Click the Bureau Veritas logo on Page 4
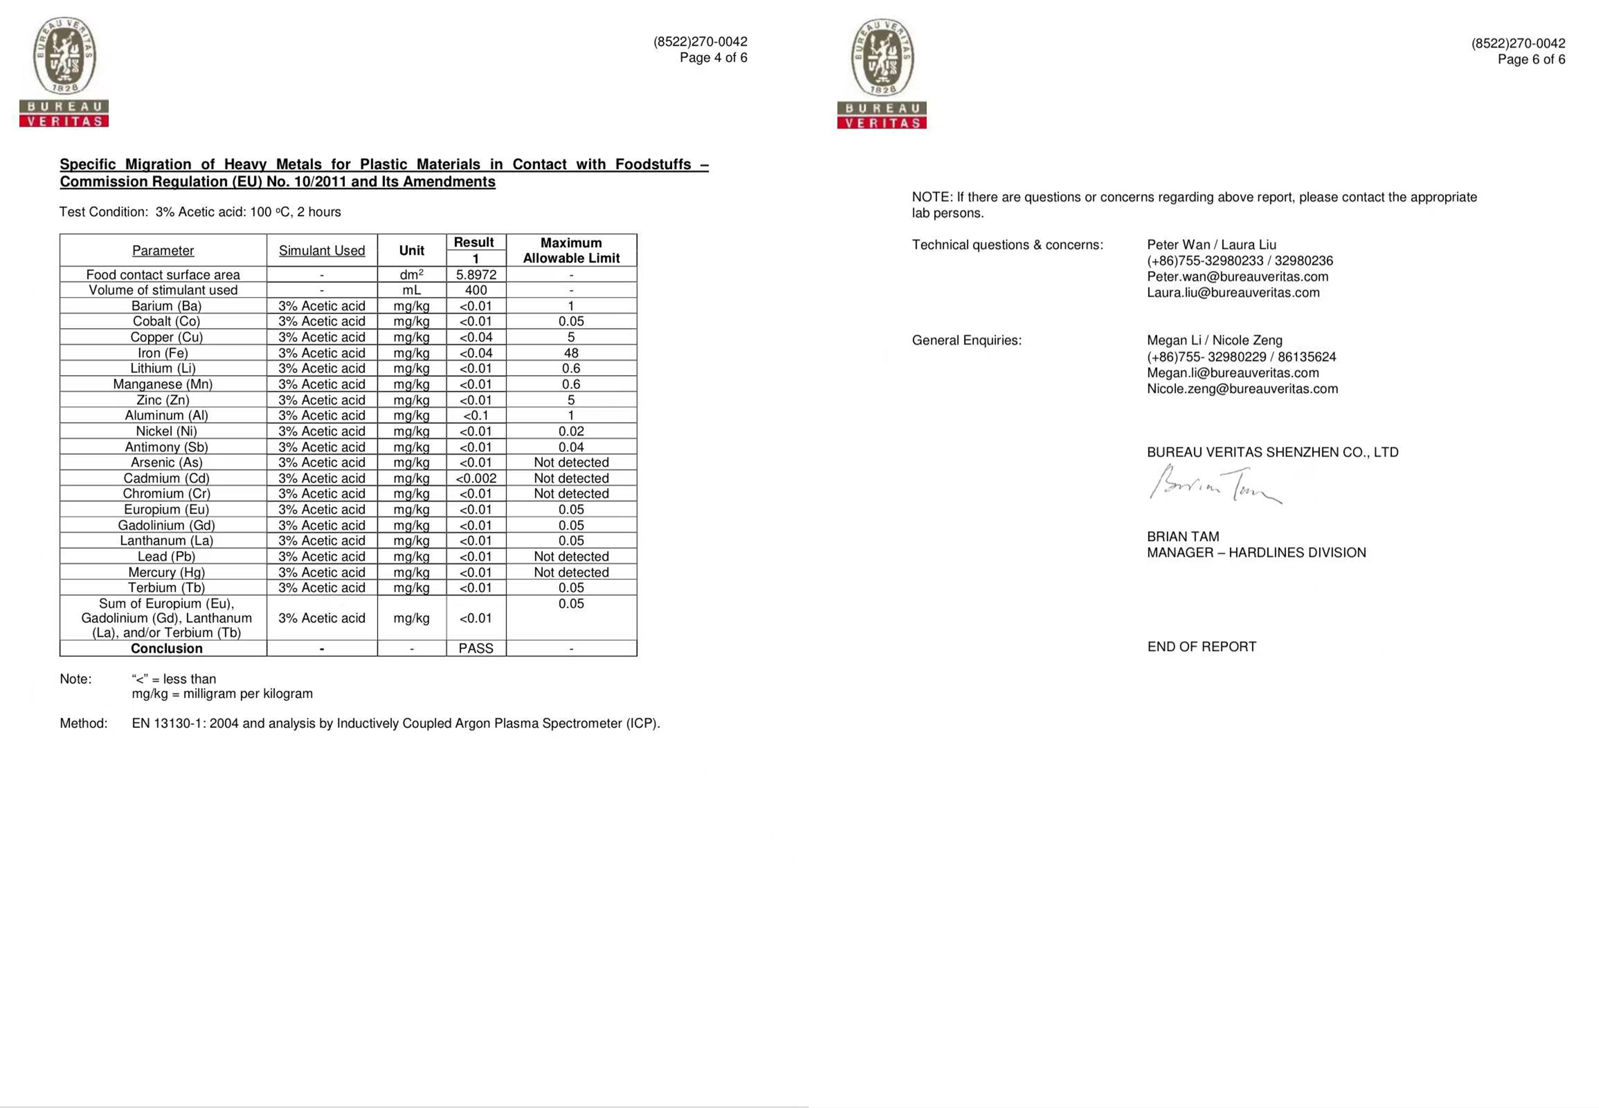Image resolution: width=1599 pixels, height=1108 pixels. pyautogui.click(x=64, y=72)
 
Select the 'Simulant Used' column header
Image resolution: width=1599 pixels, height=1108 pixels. pyautogui.click(x=322, y=251)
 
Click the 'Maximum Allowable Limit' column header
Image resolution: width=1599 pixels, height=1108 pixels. pyautogui.click(x=571, y=251)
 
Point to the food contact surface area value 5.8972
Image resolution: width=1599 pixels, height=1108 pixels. pyautogui.click(x=476, y=275)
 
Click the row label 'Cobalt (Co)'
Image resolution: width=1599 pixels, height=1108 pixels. pyautogui.click(x=166, y=321)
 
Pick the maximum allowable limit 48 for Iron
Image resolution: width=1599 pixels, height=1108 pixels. pyautogui.click(x=571, y=353)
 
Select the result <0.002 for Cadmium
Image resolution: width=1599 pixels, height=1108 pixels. pyautogui.click(x=476, y=478)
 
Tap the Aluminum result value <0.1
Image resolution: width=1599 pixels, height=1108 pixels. pyautogui.click(x=476, y=415)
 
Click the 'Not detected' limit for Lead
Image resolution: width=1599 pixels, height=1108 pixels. pyautogui.click(x=571, y=557)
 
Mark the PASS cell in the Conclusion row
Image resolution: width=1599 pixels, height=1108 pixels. pyautogui.click(x=476, y=648)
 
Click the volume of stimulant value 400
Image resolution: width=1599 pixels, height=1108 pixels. pyautogui.click(x=476, y=290)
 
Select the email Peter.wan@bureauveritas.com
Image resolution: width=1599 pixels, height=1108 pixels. pyautogui.click(x=1237, y=276)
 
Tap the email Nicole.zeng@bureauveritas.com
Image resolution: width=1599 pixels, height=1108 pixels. pyautogui.click(x=1242, y=389)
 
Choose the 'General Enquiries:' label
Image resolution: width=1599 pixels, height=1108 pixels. pyautogui.click(x=966, y=340)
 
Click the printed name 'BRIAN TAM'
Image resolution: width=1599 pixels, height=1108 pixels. pyautogui.click(x=1182, y=537)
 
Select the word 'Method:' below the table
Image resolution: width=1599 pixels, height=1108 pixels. pyautogui.click(x=83, y=723)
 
